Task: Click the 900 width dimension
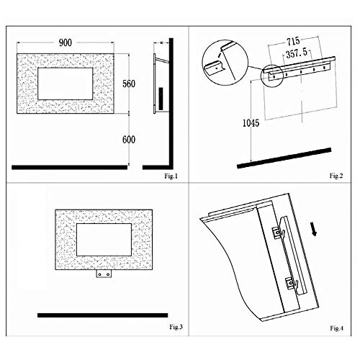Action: pyautogui.click(x=66, y=42)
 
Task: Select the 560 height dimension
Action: pyautogui.click(x=129, y=84)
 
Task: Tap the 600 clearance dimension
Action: pyautogui.click(x=129, y=140)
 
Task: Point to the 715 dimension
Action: pyautogui.click(x=293, y=41)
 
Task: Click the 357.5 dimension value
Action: pyautogui.click(x=297, y=53)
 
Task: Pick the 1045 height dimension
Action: pyautogui.click(x=251, y=123)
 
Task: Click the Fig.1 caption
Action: pyautogui.click(x=171, y=176)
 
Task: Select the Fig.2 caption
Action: pyautogui.click(x=336, y=176)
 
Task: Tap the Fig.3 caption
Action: pyautogui.click(x=176, y=327)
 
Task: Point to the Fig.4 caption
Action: pyautogui.click(x=337, y=328)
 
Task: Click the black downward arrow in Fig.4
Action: pyautogui.click(x=313, y=229)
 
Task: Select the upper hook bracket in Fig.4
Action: pyautogui.click(x=279, y=233)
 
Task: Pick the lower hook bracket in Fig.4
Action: pyautogui.click(x=292, y=284)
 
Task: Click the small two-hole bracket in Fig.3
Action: pyautogui.click(x=104, y=274)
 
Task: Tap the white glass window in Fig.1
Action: pyautogui.click(x=66, y=84)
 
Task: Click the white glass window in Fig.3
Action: pyautogui.click(x=104, y=240)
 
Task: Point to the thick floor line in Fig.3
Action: pyautogui.click(x=103, y=315)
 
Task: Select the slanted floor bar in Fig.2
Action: pyautogui.click(x=284, y=158)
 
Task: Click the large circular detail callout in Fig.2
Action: pyautogui.click(x=225, y=63)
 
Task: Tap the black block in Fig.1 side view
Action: pyautogui.click(x=161, y=99)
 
